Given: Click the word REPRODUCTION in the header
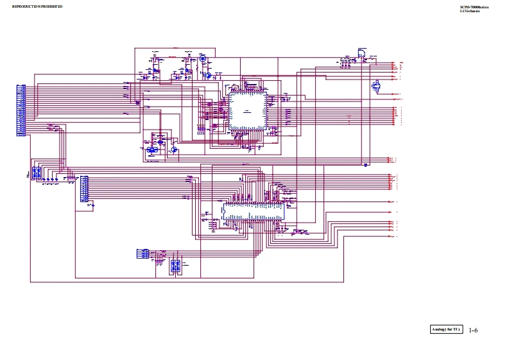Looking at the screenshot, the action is point(24,6).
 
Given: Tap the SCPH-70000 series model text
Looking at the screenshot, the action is point(474,7).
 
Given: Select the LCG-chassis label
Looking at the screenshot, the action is point(470,11).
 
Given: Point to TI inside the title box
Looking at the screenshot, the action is point(456,330).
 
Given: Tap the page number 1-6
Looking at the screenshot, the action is point(473,330).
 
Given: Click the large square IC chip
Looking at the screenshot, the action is point(247,110).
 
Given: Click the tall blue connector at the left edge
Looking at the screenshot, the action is point(21,110).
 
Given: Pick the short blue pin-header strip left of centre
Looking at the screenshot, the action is point(84,189).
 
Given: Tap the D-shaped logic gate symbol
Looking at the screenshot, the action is point(361,53).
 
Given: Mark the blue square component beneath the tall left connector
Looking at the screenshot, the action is point(37,173).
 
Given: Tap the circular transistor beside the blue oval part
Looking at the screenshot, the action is point(174,149).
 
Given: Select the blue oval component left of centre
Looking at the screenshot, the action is point(152,150).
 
